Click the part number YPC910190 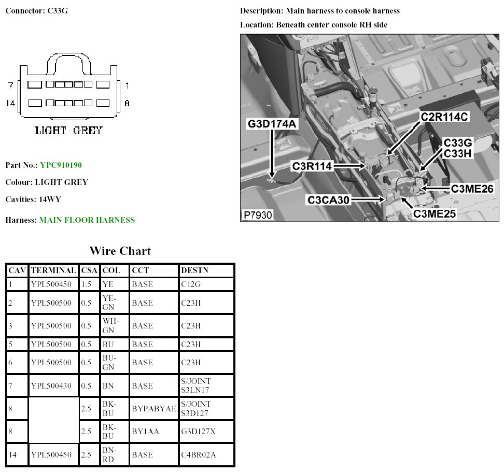61,165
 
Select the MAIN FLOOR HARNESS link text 87,220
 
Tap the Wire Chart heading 120,251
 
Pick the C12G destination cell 191,283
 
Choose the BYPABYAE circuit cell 154,408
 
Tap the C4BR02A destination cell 199,454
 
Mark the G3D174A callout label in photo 272,123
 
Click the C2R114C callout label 445,117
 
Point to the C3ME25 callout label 438,212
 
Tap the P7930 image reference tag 257,214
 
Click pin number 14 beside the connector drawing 10,103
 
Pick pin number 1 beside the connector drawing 127,84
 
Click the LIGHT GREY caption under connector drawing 68,131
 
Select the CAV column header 17,270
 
